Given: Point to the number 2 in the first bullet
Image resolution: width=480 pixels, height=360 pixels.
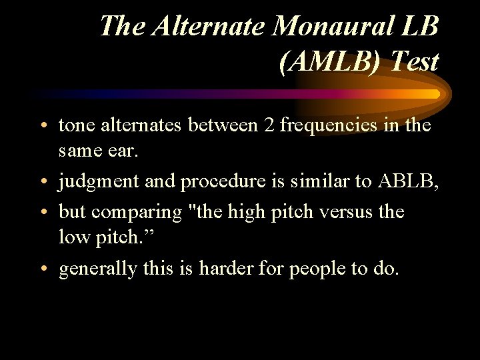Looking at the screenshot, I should (269, 125).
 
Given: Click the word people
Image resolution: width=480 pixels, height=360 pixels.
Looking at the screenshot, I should (317, 270).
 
